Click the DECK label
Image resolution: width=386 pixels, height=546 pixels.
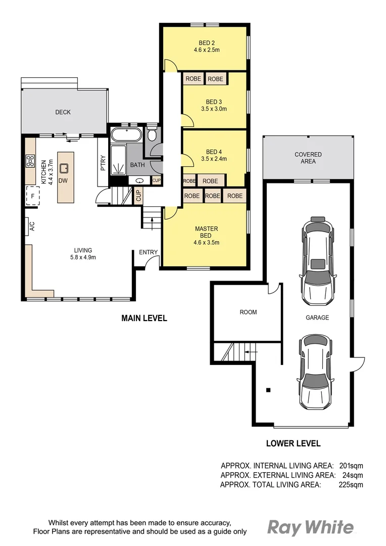pos(63,112)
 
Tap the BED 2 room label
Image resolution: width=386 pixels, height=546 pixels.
pos(206,43)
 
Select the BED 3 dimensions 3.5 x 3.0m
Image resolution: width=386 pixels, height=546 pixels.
pos(214,109)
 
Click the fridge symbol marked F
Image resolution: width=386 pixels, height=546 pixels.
pos(33,196)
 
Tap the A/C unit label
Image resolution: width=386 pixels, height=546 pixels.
pos(31,226)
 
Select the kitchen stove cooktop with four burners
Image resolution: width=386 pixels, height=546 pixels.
pos(30,162)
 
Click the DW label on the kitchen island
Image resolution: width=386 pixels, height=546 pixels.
pos(63,180)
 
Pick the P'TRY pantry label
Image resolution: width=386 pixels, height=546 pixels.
pos(103,162)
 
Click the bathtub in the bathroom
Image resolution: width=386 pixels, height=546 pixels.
pos(126,135)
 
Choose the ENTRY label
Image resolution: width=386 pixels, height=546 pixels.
pos(148,252)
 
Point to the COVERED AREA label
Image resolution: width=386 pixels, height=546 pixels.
pos(308,158)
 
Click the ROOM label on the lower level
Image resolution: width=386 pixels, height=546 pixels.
pos(248,312)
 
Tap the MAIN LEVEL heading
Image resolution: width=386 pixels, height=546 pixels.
pos(144,318)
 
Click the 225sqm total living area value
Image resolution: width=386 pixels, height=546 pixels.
pos(351,485)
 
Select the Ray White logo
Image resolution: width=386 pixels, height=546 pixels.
pos(310,527)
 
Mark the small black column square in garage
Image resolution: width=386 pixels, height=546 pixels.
pos(268,390)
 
